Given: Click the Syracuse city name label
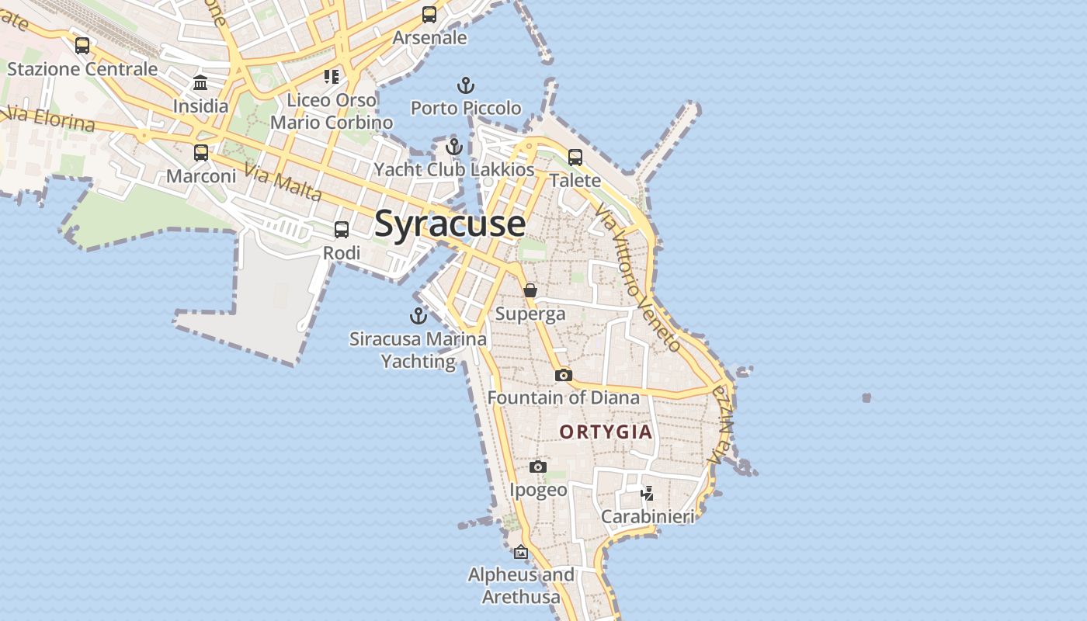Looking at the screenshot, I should click(x=450, y=224).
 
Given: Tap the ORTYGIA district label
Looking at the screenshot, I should click(x=606, y=432).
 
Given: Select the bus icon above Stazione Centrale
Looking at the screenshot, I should click(x=82, y=46).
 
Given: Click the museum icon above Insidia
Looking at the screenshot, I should click(x=200, y=83).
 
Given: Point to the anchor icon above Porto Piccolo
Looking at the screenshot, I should click(x=465, y=85).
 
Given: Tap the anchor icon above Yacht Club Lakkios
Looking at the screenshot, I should click(x=454, y=146).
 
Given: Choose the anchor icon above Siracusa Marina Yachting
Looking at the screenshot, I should click(x=418, y=316).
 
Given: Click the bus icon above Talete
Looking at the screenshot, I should click(x=575, y=158).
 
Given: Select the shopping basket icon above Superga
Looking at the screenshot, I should click(x=530, y=291).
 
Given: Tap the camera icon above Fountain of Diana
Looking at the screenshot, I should click(x=564, y=376).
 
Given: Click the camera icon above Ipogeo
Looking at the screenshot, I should click(x=538, y=467).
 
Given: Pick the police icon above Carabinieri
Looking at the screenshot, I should click(x=647, y=493).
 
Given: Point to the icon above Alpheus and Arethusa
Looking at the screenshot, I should click(x=521, y=552).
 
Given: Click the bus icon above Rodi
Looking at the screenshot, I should click(x=342, y=230).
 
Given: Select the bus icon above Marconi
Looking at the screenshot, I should click(x=201, y=153).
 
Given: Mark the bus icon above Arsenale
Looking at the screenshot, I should click(x=429, y=15).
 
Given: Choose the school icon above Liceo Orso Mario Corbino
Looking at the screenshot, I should click(x=332, y=77).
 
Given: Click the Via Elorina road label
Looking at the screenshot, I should click(x=48, y=120).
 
